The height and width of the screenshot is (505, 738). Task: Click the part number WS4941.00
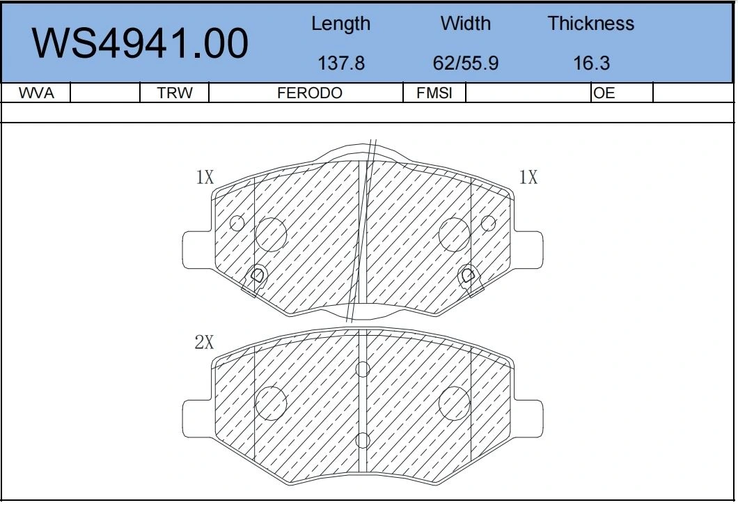click(x=140, y=43)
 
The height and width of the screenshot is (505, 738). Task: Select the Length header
click(x=340, y=24)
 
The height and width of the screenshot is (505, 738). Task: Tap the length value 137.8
click(x=341, y=63)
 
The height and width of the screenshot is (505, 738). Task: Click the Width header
click(x=466, y=23)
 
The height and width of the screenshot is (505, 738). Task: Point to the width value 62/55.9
click(x=466, y=63)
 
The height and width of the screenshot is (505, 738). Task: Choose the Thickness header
click(x=590, y=23)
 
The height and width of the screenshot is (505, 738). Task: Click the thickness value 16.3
click(x=592, y=63)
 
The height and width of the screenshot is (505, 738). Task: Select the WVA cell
click(x=36, y=93)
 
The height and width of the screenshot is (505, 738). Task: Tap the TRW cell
click(x=175, y=93)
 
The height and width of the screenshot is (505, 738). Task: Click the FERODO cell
click(x=310, y=93)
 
